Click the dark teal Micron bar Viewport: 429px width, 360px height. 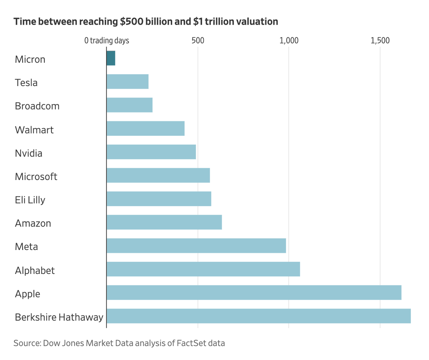click(x=111, y=58)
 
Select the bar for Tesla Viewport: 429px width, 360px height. click(x=128, y=81)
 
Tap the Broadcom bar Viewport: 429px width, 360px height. click(x=130, y=105)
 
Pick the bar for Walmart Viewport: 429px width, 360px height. click(x=146, y=128)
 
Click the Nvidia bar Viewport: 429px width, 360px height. click(x=151, y=152)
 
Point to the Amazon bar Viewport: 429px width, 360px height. click(x=164, y=222)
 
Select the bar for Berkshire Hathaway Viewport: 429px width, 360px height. click(x=259, y=316)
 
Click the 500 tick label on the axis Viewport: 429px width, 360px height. click(x=198, y=40)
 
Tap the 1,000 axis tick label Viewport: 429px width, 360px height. click(x=289, y=40)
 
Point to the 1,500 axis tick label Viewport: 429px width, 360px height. click(x=380, y=40)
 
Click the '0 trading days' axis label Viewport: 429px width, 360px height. click(x=107, y=41)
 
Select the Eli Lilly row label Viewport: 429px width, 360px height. click(x=30, y=200)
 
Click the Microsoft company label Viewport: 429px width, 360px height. click(x=36, y=176)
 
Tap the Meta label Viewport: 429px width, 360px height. click(x=26, y=247)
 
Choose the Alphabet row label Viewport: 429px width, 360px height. click(x=35, y=270)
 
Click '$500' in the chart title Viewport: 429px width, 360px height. click(x=132, y=21)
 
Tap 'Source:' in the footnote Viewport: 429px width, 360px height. click(x=28, y=343)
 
